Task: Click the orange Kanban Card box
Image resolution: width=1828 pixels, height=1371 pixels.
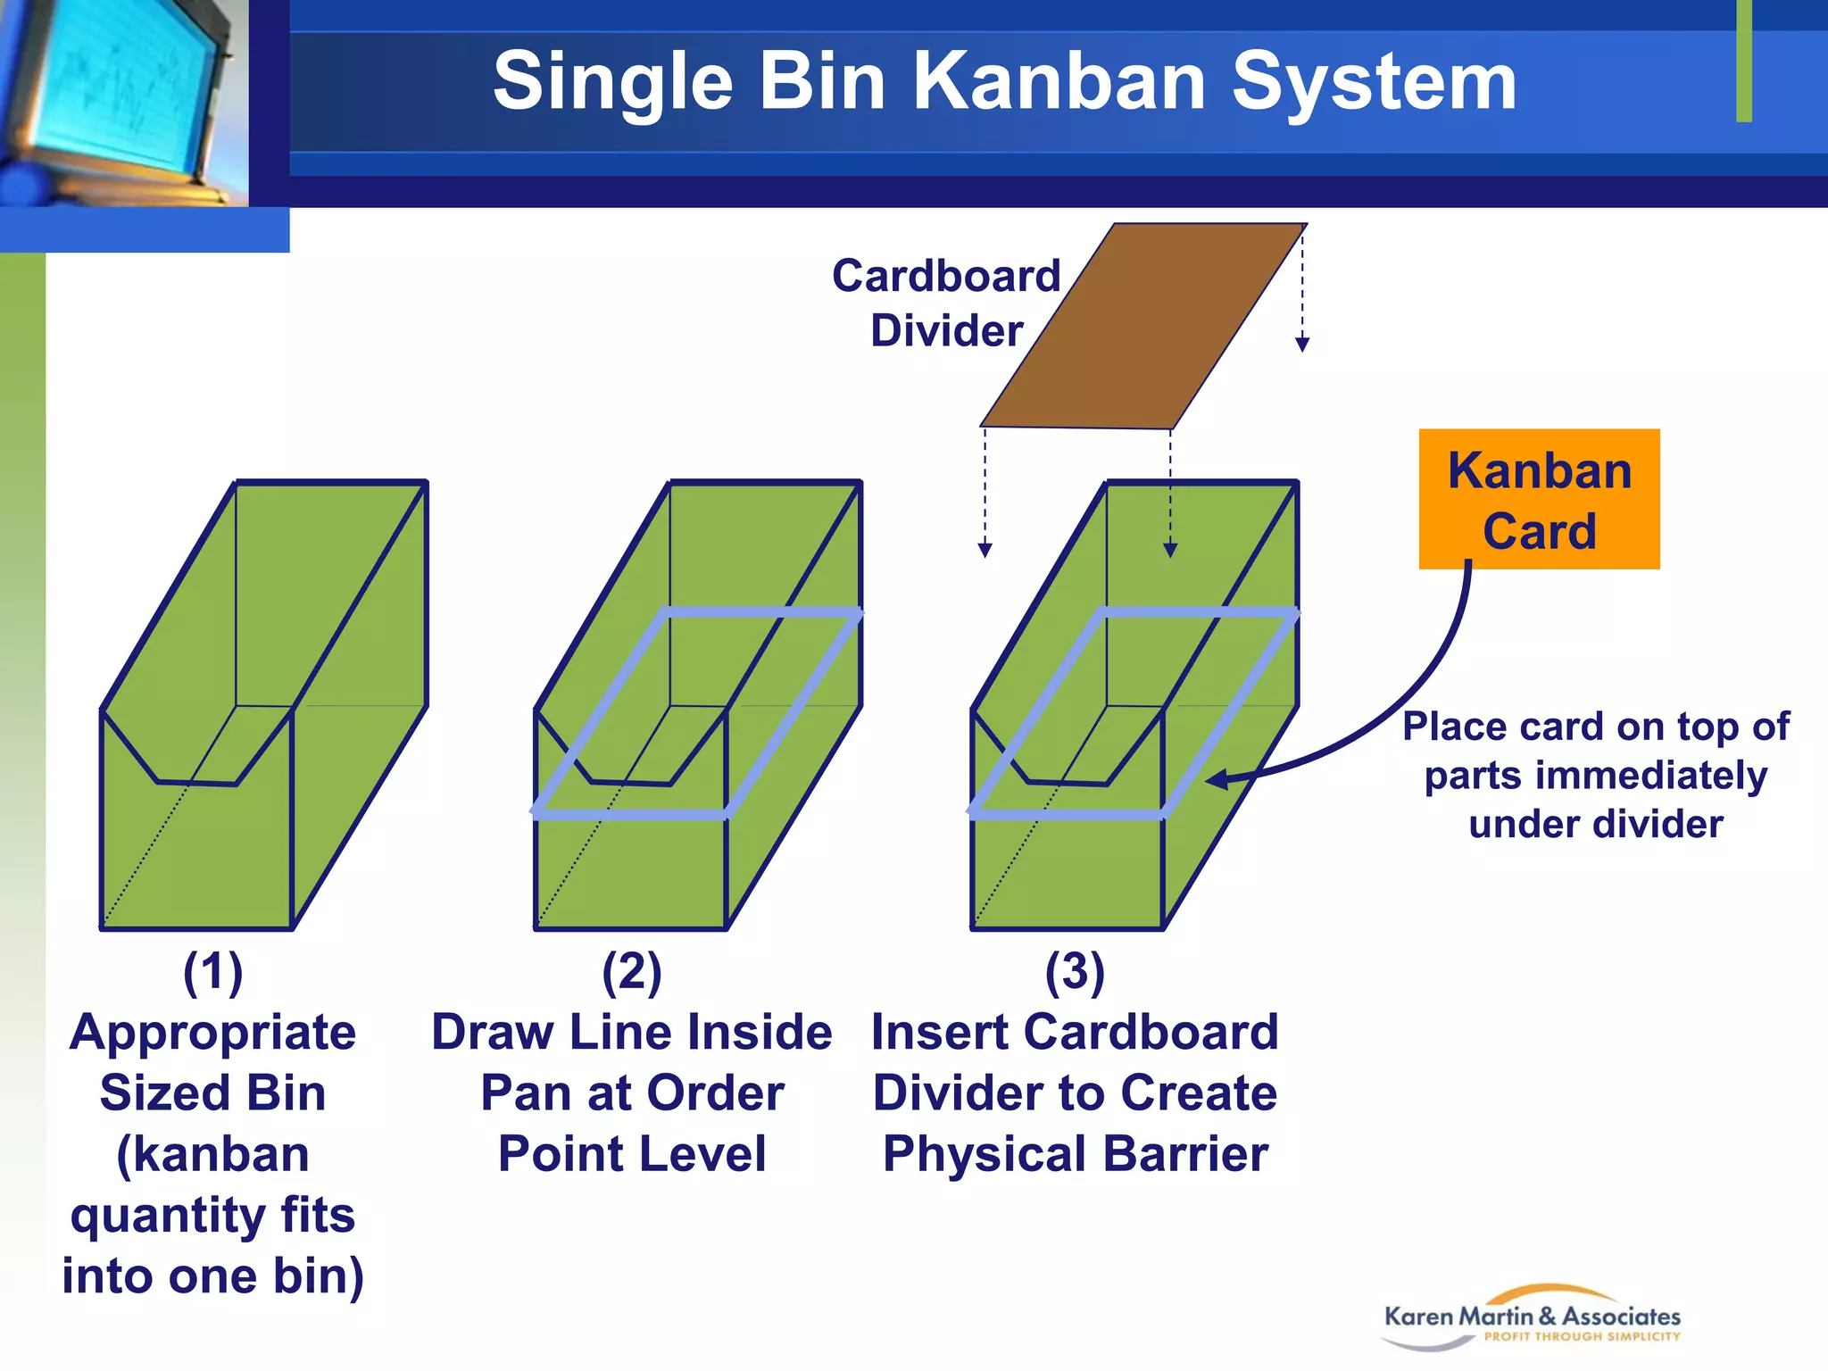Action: [x=1539, y=499]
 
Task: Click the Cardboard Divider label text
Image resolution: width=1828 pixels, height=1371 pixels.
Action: [x=946, y=303]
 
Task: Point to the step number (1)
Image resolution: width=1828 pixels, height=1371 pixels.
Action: [x=212, y=972]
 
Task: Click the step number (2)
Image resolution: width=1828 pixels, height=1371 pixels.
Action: [x=631, y=972]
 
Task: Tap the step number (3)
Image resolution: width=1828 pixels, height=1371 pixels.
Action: [x=1075, y=972]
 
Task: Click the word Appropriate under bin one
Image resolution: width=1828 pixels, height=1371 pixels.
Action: [x=212, y=1033]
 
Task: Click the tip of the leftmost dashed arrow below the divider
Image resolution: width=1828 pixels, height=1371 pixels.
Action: [x=985, y=551]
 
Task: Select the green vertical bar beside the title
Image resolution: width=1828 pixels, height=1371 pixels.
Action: [x=1744, y=61]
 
